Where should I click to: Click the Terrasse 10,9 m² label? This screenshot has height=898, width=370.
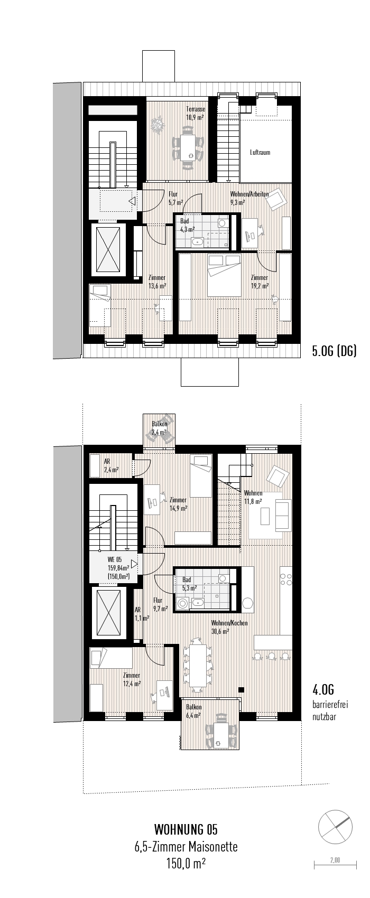pos(195,114)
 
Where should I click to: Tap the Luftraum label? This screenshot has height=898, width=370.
pos(260,152)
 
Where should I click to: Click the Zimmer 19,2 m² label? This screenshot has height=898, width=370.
pos(260,282)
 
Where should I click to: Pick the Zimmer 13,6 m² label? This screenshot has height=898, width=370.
pos(158,282)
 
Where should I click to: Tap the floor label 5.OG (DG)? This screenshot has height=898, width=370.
pos(334,351)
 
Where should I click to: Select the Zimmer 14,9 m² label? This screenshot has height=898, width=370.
pos(179,504)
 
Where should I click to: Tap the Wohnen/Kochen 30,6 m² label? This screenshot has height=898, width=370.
pos(229,626)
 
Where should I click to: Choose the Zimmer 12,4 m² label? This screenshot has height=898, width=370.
pos(131,679)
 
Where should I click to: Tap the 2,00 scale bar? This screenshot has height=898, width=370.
pos(335,864)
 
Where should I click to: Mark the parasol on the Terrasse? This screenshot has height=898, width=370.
pos(158,126)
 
